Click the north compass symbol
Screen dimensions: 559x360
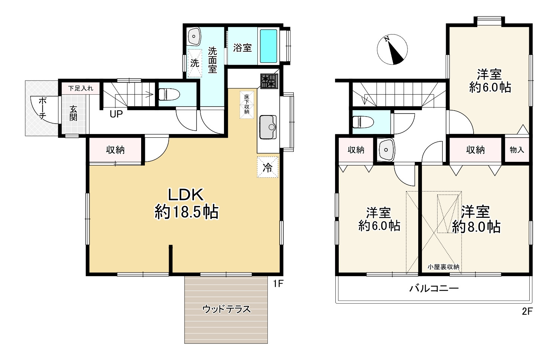[x=392, y=50]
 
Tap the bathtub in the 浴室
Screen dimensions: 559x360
[x=269, y=46]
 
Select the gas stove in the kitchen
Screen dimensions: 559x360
[x=269, y=81]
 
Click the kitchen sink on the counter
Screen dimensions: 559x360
[x=268, y=127]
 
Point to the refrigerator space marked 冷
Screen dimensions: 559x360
[x=267, y=167]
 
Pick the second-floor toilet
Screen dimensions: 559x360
[x=363, y=122]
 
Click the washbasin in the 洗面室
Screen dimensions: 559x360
[x=194, y=37]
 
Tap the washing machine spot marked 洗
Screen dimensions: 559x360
[x=195, y=63]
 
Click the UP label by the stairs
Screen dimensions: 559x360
[x=116, y=114]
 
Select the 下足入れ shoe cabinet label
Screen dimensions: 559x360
[x=81, y=88]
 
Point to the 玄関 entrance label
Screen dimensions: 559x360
[x=73, y=113]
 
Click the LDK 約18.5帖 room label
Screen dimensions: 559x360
[x=186, y=203]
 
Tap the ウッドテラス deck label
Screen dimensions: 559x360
[x=226, y=309]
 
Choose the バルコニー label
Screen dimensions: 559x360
[x=434, y=289]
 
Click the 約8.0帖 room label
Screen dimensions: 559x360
[x=477, y=227]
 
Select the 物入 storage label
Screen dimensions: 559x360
[x=517, y=150]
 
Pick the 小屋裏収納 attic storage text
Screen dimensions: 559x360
[x=443, y=267]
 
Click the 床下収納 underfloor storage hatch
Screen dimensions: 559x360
[x=247, y=105]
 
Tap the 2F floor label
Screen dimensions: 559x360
[x=527, y=311]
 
